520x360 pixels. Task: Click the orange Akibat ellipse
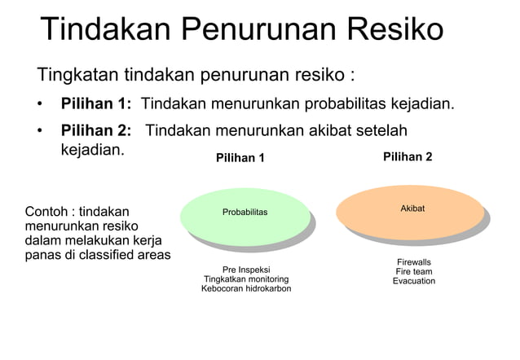coord(412,210)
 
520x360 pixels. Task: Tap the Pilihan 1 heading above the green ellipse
coord(240,158)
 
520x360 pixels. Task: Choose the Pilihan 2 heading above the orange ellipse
coord(408,156)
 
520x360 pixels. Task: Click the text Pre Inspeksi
coord(246,269)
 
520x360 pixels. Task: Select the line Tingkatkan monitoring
coord(246,279)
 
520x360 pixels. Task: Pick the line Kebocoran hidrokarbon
coord(246,289)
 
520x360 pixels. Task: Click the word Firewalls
coord(414,261)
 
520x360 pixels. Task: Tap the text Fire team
coord(414,271)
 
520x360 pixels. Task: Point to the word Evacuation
coord(414,281)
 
